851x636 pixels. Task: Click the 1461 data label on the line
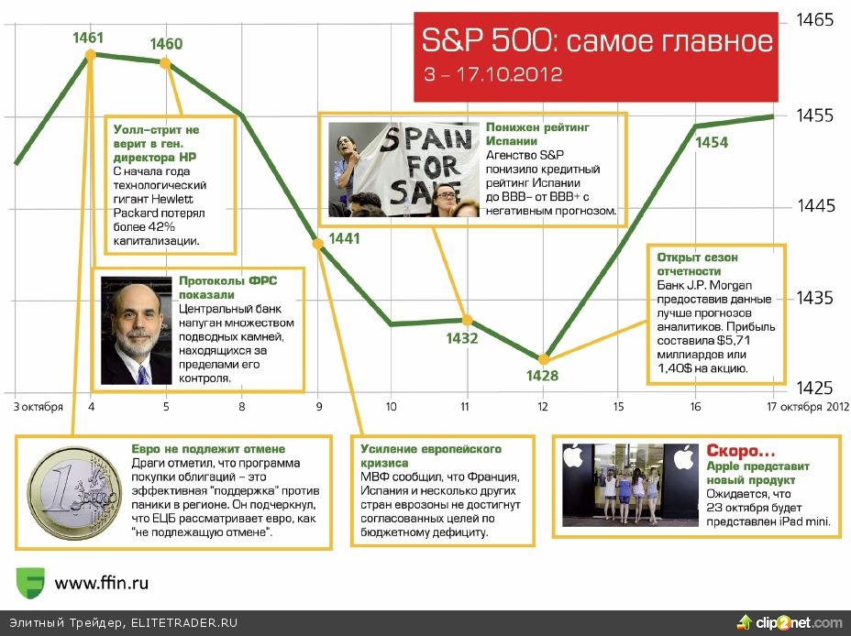coord(88,38)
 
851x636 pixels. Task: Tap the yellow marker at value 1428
coord(543,359)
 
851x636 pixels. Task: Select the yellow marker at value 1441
coord(318,244)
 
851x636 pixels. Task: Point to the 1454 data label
coord(712,142)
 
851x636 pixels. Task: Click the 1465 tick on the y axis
coord(814,20)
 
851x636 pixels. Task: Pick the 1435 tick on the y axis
coord(814,298)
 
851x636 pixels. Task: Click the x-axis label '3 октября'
coord(38,407)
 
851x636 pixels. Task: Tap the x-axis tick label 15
coord(619,406)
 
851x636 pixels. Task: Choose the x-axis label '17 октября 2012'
coord(808,406)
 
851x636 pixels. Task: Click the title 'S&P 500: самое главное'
coord(597,40)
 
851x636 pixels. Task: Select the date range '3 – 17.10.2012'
coord(492,74)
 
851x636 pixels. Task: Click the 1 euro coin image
coord(75,493)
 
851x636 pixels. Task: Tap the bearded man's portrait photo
coord(137,331)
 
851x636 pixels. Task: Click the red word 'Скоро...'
coord(741,451)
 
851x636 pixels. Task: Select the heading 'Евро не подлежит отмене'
coord(208,449)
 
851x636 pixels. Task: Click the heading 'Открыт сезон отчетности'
coord(697,264)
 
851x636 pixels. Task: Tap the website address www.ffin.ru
coord(102,583)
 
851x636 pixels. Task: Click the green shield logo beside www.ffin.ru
coord(30,583)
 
